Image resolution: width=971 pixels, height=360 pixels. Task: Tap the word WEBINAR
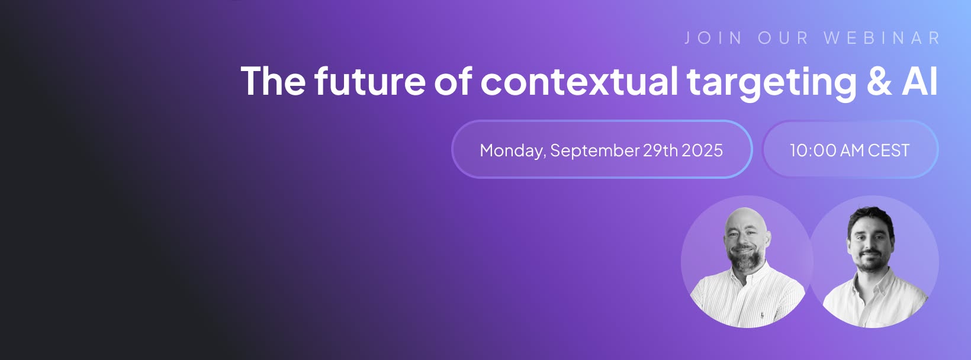click(882, 38)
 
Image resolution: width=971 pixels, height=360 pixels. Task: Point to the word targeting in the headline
click(772, 83)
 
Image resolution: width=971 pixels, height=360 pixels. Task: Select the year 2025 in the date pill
click(702, 150)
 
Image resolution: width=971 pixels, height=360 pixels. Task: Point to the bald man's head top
click(745, 213)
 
